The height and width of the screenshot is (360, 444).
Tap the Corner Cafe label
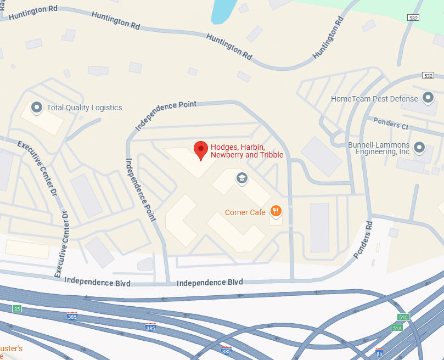(x=245, y=212)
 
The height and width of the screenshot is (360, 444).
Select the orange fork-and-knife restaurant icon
(x=276, y=211)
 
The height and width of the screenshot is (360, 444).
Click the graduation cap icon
(x=241, y=178)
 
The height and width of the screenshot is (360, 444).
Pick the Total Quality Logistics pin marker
(x=37, y=107)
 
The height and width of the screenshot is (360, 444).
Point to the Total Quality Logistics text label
(x=84, y=108)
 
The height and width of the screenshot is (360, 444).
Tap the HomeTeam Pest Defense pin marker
(x=428, y=98)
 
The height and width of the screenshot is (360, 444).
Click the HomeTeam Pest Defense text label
(x=374, y=99)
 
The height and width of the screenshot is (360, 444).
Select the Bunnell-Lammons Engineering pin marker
(x=419, y=147)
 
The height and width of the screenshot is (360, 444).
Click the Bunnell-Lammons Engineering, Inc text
(x=379, y=148)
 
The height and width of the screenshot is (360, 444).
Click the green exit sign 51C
(x=403, y=317)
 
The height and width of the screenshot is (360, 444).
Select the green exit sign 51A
(x=397, y=328)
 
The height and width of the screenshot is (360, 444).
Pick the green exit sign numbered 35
(x=18, y=309)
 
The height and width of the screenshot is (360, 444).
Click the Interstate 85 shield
(x=379, y=351)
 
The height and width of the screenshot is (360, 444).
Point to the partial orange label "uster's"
(x=11, y=348)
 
